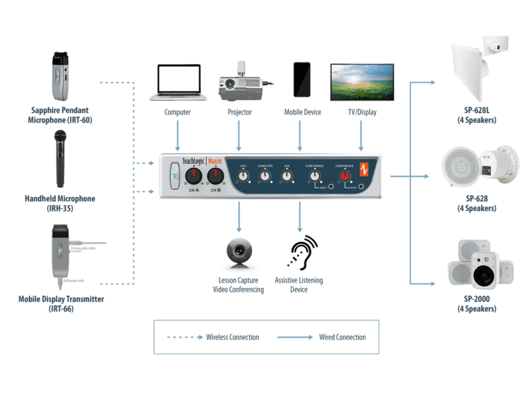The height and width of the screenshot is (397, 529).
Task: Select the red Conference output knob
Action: tap(342, 176)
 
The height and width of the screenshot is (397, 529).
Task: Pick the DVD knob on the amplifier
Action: tap(243, 176)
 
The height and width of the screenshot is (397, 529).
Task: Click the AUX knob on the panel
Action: tap(287, 176)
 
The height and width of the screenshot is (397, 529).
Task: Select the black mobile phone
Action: tap(301, 79)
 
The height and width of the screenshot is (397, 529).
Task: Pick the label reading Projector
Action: tap(239, 112)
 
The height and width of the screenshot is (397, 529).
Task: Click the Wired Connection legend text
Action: tap(342, 337)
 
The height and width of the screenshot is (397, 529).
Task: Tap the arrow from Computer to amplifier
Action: tap(178, 134)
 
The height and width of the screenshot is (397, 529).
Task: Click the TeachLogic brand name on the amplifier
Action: tap(196, 161)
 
